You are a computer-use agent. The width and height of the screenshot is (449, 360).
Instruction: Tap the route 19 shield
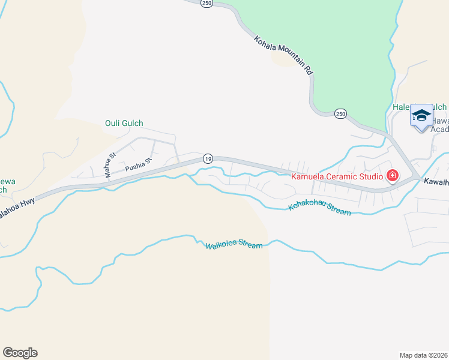click(x=208, y=158)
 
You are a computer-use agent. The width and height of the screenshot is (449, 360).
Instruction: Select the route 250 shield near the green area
click(x=340, y=113)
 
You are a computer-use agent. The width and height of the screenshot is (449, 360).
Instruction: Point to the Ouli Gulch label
click(x=124, y=124)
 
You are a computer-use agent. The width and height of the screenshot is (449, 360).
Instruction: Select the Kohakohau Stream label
click(x=319, y=208)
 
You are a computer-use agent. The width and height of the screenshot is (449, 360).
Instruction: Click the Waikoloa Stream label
click(x=234, y=245)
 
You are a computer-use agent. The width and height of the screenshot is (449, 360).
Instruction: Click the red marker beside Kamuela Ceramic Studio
click(x=393, y=176)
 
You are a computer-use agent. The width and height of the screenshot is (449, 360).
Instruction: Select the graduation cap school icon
click(x=421, y=115)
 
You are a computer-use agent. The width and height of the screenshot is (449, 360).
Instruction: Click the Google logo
click(x=20, y=353)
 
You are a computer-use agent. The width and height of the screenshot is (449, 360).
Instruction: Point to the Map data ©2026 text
click(x=423, y=355)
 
